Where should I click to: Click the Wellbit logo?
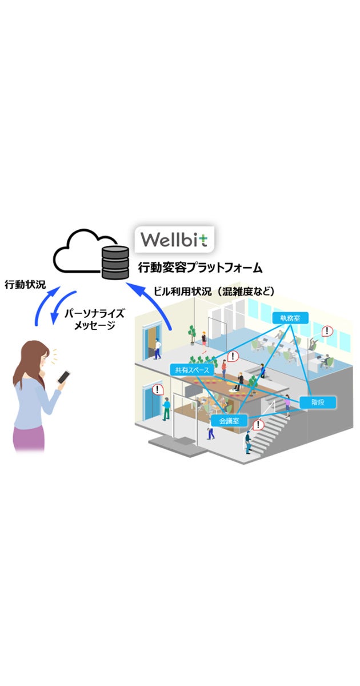(x=174, y=238)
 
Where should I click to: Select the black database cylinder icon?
(x=114, y=261)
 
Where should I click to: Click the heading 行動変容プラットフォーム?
(x=200, y=267)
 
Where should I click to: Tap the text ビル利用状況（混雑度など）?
(x=214, y=292)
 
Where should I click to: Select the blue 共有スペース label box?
(x=191, y=370)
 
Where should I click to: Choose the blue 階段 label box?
(x=318, y=402)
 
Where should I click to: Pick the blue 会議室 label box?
(x=229, y=421)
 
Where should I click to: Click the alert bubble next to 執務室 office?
(x=327, y=331)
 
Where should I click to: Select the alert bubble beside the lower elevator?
(x=159, y=389)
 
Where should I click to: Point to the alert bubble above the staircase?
(x=259, y=425)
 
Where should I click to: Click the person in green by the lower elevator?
(x=166, y=408)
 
